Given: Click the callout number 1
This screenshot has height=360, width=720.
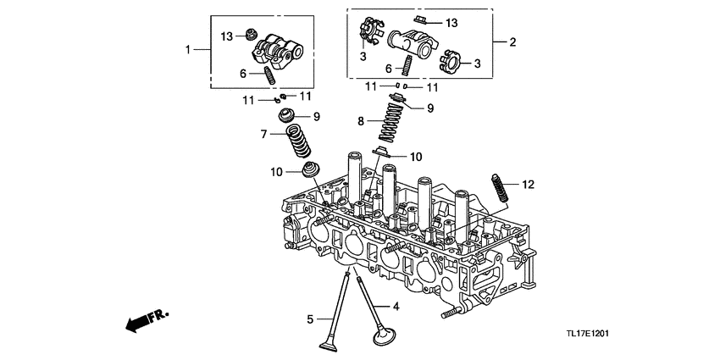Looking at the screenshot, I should point(189,50).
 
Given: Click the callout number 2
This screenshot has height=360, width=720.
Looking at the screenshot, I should point(512,41).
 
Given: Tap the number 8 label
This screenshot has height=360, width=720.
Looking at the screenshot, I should point(361,121).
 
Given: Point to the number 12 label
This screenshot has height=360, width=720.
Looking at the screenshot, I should point(529,184).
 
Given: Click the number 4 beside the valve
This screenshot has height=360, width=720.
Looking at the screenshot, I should point(394,305).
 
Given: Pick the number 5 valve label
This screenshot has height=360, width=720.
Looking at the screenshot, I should point(310,319).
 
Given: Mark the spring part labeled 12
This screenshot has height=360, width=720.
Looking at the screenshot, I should point(500,187).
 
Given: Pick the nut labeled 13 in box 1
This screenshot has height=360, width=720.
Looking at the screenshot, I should point(249,35).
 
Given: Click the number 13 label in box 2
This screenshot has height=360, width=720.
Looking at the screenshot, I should point(451,22).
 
